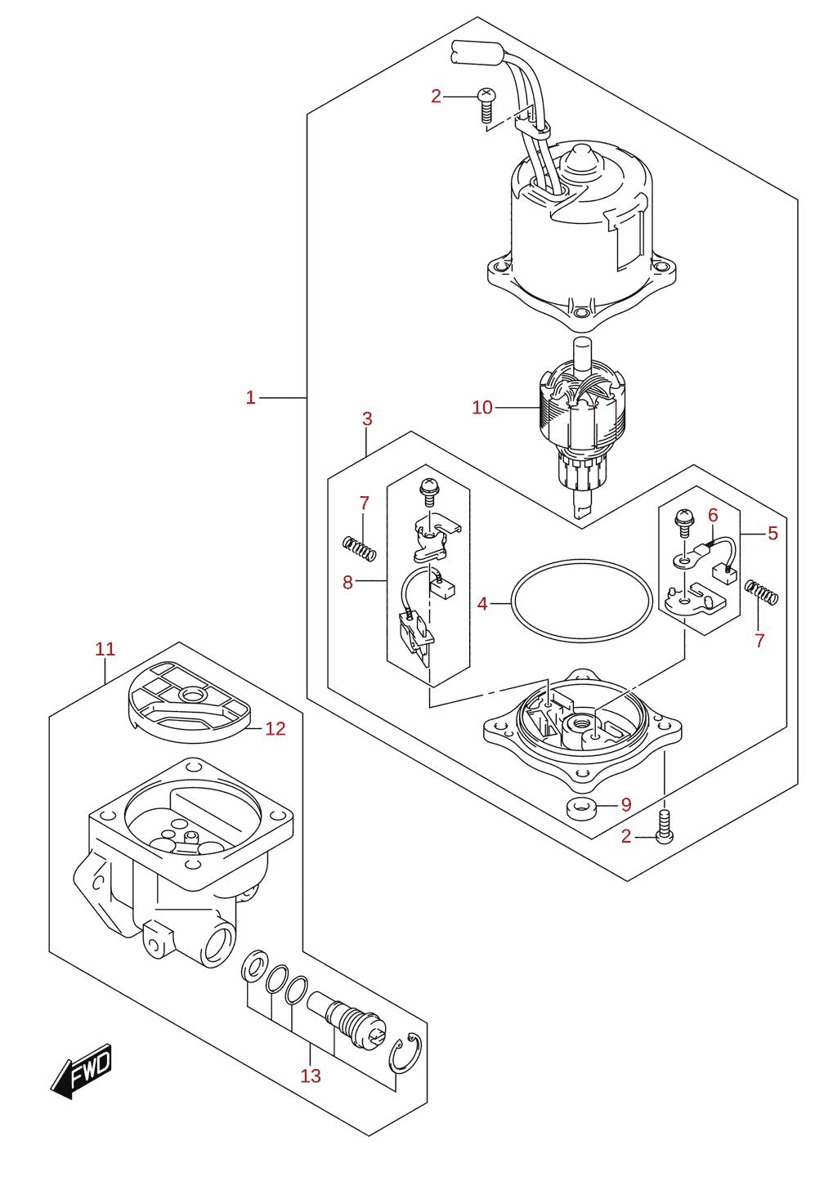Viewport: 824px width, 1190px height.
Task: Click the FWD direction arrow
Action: [81, 1071]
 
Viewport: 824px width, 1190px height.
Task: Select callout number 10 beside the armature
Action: [481, 408]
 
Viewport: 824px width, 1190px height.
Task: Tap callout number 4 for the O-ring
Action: [481, 603]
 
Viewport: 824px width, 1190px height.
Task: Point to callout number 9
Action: [626, 805]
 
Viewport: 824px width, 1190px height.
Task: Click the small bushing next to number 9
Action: [582, 808]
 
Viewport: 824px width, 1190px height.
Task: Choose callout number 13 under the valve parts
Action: [311, 1076]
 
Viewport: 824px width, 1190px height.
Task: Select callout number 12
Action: [275, 728]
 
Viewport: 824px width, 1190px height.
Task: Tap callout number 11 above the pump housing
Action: [105, 649]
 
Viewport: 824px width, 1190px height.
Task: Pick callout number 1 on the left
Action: [250, 397]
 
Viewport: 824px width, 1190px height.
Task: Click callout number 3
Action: [367, 418]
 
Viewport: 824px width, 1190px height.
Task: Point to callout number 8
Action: [347, 582]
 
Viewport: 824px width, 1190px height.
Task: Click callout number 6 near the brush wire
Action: [713, 515]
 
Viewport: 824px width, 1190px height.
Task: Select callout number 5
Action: [773, 533]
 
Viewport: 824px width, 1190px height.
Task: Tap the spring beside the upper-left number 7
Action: [360, 548]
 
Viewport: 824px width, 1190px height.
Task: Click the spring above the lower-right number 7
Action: [761, 592]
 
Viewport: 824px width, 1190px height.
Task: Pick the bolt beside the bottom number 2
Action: [664, 828]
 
